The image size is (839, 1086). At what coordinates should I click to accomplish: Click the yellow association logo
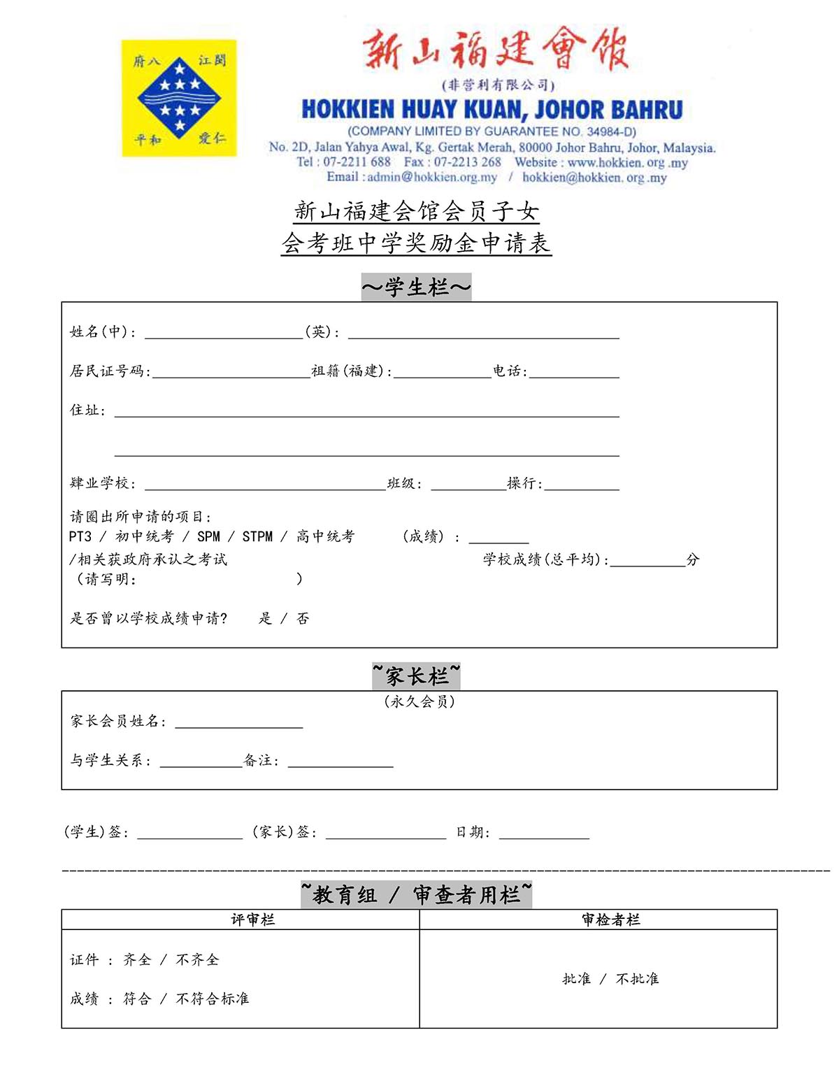(179, 98)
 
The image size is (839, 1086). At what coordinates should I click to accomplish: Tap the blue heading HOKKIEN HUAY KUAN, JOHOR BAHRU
(492, 110)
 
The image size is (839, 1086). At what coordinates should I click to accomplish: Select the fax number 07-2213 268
(467, 162)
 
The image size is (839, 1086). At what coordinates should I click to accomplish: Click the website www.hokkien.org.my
(627, 162)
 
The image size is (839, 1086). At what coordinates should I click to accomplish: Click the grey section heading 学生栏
(416, 287)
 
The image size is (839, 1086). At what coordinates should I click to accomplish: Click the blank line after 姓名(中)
(224, 333)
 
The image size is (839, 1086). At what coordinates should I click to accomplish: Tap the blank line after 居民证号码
(231, 372)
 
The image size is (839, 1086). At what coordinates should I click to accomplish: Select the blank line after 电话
(574, 372)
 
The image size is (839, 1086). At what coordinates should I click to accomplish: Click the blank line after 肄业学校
(265, 485)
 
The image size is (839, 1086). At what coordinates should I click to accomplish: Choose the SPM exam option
(208, 536)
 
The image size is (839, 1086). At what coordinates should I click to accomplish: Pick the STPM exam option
(257, 536)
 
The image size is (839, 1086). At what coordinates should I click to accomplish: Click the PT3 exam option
(80, 536)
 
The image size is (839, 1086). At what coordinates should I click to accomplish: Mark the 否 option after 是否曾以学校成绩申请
(303, 618)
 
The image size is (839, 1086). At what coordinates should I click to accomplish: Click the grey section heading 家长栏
(416, 676)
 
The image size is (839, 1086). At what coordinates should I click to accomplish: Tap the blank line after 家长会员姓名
(238, 722)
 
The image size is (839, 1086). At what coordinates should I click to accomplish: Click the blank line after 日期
(544, 833)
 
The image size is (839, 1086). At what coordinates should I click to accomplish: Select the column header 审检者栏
(610, 920)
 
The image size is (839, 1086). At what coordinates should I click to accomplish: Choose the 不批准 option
(637, 979)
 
